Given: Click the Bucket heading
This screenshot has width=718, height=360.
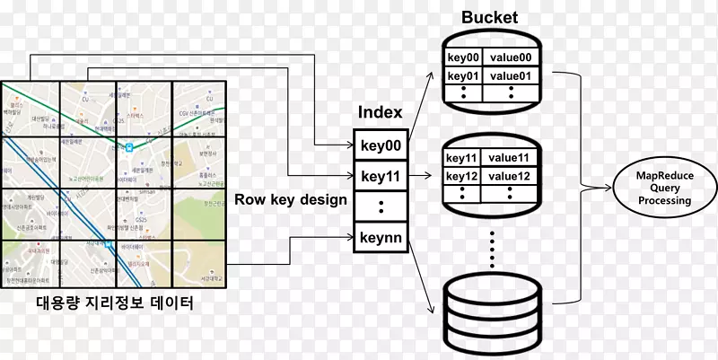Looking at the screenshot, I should (490, 18).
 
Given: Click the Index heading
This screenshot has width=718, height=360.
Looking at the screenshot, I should (380, 112).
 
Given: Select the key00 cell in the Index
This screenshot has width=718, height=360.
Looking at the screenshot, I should (381, 145).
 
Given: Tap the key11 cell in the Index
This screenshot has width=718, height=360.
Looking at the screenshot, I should (381, 175).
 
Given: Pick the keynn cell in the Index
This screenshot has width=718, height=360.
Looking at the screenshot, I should (381, 238).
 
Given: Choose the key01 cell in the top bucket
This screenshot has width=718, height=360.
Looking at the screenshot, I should (463, 75).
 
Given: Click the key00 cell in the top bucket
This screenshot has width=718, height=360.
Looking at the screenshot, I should (463, 58).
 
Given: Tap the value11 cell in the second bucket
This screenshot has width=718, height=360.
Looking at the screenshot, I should (512, 158).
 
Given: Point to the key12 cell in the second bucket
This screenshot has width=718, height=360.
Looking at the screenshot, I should (463, 175).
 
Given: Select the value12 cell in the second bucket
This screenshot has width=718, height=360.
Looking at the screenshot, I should (512, 175).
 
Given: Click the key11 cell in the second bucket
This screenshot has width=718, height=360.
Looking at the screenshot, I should (463, 158).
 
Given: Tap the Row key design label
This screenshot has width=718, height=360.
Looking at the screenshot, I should (291, 199).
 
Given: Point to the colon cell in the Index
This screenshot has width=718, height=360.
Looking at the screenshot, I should (381, 206).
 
